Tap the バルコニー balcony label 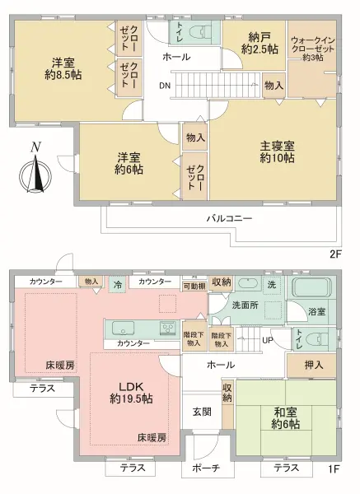tap(229, 219)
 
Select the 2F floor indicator tap(335, 254)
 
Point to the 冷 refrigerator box tap(118, 284)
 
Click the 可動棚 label tap(194, 287)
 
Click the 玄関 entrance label tap(203, 412)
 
